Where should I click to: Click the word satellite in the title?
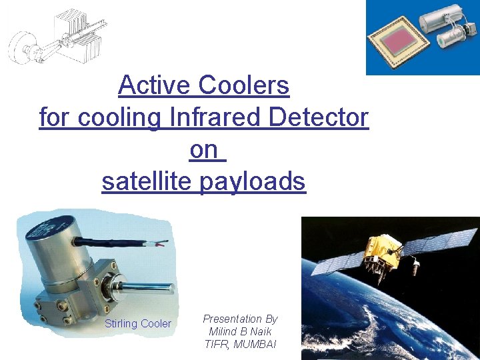point(147,181)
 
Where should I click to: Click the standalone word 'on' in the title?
point(203,149)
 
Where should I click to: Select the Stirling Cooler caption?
point(138,324)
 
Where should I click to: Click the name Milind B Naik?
point(241,331)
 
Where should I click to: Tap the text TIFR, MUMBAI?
point(241,344)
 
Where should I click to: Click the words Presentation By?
point(241,319)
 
